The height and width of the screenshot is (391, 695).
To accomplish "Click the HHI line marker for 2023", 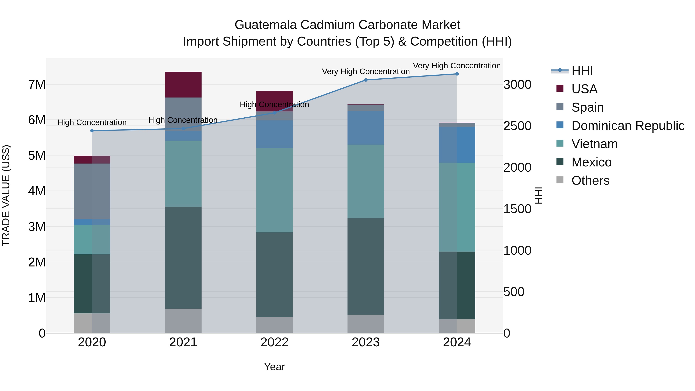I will (366, 80).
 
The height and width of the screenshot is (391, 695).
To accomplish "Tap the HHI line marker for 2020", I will (92, 131).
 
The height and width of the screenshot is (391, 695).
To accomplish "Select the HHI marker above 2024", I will (457, 74).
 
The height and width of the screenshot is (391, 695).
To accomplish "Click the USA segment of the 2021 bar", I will (183, 84).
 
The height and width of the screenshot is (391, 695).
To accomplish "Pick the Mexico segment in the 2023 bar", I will (366, 266).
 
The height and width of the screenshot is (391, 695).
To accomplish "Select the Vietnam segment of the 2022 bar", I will (274, 190).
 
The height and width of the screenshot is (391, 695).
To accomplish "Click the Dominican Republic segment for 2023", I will (366, 128).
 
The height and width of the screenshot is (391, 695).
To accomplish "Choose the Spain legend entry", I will (587, 107).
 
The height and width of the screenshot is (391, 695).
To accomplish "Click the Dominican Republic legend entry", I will (628, 126).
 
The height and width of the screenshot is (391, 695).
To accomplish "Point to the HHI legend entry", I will (582, 71).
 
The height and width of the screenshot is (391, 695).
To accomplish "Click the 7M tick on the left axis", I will (37, 84).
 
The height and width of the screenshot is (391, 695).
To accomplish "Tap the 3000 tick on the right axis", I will (517, 84).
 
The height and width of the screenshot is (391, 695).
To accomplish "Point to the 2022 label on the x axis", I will (274, 342).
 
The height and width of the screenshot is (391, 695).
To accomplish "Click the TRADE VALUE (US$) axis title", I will (6, 195).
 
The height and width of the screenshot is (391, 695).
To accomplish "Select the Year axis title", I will (274, 367).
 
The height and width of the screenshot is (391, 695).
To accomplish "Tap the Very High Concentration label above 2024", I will (457, 66).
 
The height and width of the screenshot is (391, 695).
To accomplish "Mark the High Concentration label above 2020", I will (92, 122).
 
